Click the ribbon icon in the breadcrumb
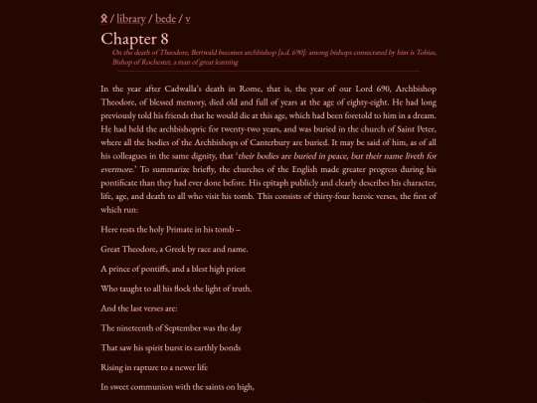tap(105, 18)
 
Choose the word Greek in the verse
tap(182, 249)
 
